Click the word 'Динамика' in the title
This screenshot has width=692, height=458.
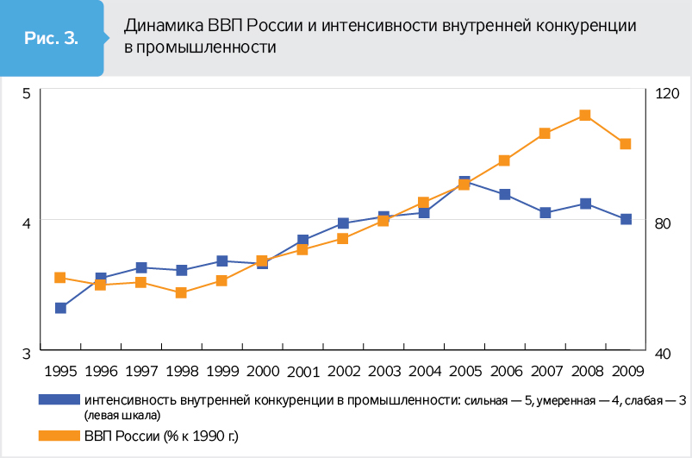click(x=161, y=26)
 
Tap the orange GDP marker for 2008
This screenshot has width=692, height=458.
click(x=584, y=116)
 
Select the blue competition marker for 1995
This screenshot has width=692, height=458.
click(x=61, y=308)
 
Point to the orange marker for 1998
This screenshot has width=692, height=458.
click(x=181, y=293)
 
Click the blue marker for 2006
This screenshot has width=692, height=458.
click(x=505, y=195)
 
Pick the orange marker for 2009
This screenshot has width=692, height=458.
click(x=626, y=144)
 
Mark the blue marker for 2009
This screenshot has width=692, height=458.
click(x=626, y=219)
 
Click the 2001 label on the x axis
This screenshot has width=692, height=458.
click(x=303, y=372)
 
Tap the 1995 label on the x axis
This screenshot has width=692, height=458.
click(x=61, y=372)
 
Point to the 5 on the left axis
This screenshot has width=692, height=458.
click(x=27, y=93)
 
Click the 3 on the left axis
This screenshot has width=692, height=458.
click(x=27, y=353)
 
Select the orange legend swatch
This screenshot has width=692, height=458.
click(x=59, y=436)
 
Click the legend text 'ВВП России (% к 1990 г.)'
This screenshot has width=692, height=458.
click(x=160, y=436)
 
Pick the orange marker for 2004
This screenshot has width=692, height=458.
click(x=424, y=204)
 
